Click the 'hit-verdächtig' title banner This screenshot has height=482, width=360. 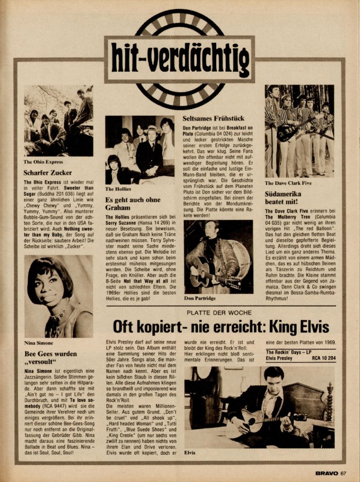pyautogui.click(x=179, y=59)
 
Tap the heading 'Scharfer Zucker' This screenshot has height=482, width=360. pyautogui.click(x=48, y=172)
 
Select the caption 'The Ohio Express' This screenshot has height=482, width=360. pyautogui.click(x=45, y=161)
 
